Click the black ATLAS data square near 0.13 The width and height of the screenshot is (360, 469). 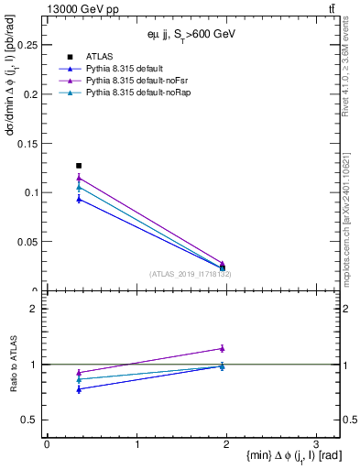(79, 166)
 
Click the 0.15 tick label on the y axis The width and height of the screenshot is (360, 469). (28, 143)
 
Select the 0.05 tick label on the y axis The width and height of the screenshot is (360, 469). (28, 242)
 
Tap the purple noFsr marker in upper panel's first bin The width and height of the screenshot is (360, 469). (79, 178)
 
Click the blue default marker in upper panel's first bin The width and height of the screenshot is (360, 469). (79, 199)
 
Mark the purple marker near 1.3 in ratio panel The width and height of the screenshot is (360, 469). (222, 348)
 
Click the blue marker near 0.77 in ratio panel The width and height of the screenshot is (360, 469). (79, 389)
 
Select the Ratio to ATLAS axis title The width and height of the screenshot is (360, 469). (13, 365)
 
